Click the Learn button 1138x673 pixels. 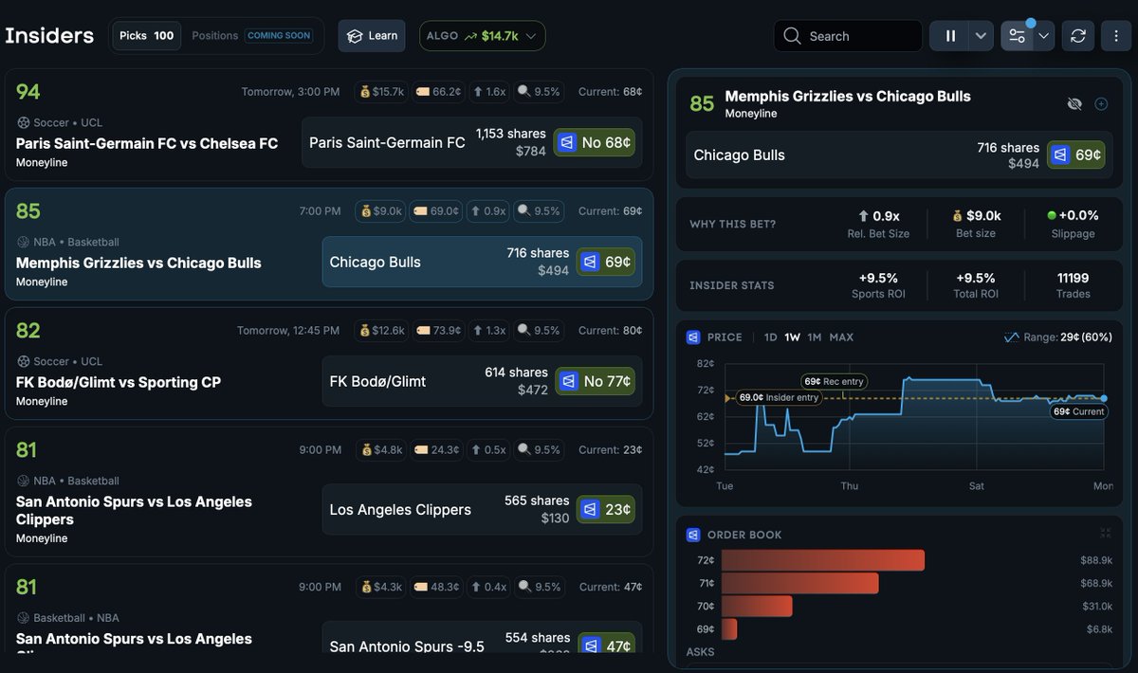[x=372, y=36]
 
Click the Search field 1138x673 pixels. [x=848, y=36]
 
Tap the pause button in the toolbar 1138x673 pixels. [x=949, y=36]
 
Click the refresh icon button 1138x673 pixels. [x=1077, y=36]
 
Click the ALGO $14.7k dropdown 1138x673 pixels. [x=482, y=36]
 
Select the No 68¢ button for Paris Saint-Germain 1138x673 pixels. [x=594, y=142]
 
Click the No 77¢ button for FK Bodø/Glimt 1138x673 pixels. [x=595, y=381]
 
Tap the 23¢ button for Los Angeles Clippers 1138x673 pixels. [x=606, y=509]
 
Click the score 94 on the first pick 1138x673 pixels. [x=28, y=92]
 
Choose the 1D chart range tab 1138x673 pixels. [x=770, y=337]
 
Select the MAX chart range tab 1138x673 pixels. [x=841, y=337]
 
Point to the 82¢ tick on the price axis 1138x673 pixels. [x=705, y=363]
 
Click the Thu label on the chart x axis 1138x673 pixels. [x=849, y=486]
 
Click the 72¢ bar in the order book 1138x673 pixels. [x=822, y=560]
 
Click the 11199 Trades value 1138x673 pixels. [x=1073, y=278]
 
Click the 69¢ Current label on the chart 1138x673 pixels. [x=1078, y=412]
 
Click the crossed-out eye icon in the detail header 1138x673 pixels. [x=1074, y=104]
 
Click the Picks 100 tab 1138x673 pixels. [x=146, y=36]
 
